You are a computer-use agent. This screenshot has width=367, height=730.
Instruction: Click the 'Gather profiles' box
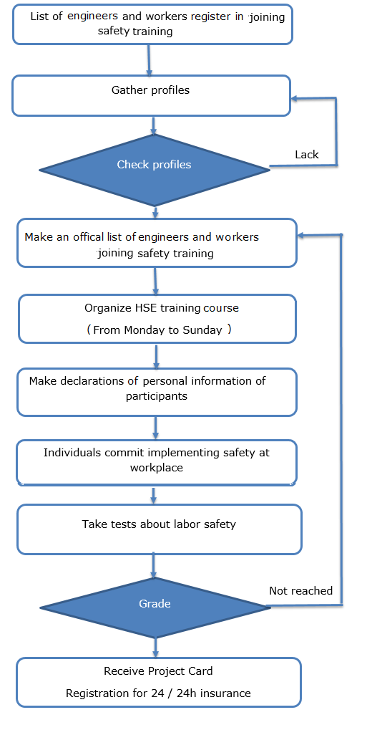coord(151,95)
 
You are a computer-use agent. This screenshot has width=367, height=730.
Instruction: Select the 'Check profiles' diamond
coord(155,170)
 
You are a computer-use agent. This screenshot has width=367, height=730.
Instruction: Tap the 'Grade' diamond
coord(155,607)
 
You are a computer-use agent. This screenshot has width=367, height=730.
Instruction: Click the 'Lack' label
coord(307,155)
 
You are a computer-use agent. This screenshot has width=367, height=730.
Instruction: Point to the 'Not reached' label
coord(301,591)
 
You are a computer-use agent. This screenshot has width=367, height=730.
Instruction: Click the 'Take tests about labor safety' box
coord(160,530)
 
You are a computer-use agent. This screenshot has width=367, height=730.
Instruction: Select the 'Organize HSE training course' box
coord(157,319)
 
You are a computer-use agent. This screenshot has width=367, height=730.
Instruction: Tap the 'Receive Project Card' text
coord(158,671)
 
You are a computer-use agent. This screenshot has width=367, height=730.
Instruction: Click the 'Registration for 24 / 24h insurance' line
coord(158,693)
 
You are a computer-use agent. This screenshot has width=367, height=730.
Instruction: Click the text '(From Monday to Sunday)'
coord(159,330)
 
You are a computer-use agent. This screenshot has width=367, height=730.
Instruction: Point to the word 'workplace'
coord(156,467)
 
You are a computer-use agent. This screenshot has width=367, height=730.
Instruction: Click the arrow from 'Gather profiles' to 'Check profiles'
coord(154,125)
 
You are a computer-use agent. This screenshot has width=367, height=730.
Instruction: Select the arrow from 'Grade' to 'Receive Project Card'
coord(155,648)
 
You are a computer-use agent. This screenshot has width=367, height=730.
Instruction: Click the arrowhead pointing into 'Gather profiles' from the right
coord(295,98)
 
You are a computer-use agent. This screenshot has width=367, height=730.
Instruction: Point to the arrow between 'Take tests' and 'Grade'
coord(154,566)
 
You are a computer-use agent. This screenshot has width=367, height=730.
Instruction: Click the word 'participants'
coord(157,397)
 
